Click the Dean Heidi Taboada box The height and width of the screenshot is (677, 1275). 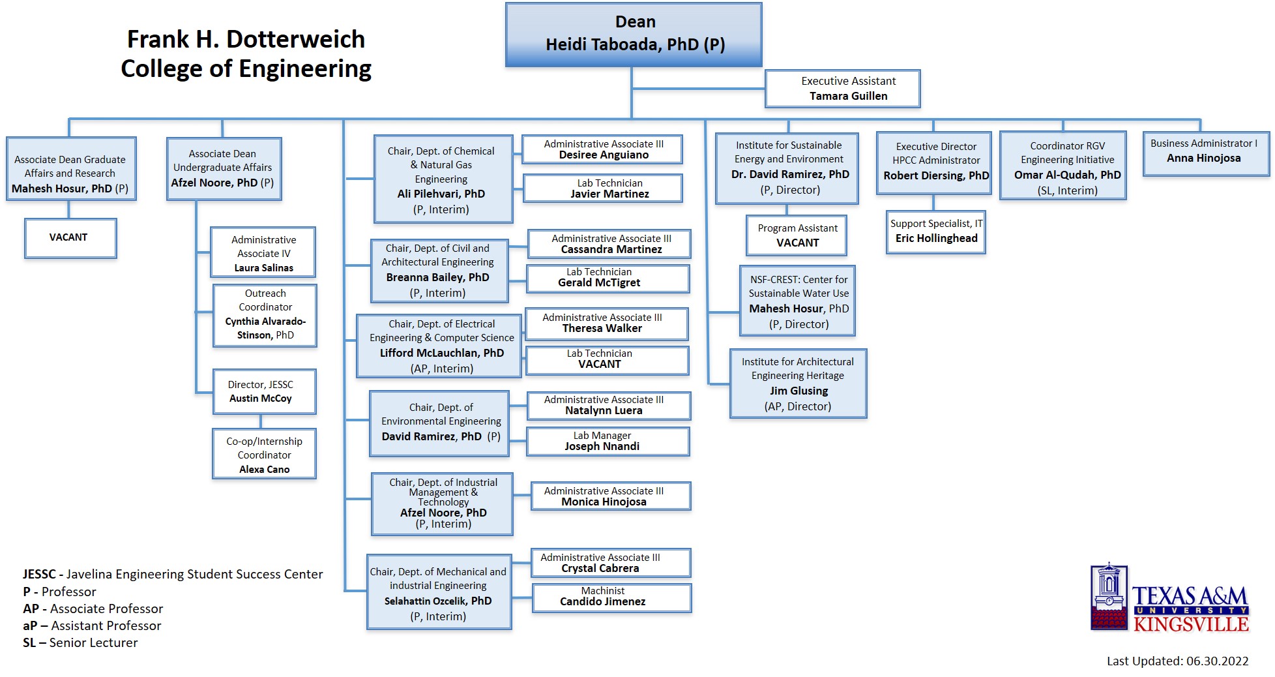click(634, 34)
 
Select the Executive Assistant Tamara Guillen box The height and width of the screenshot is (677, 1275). click(842, 89)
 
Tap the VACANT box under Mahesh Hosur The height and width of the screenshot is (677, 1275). click(70, 238)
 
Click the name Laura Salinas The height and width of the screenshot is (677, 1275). click(263, 268)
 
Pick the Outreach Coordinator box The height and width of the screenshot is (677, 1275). click(265, 315)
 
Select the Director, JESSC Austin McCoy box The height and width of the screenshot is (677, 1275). click(264, 391)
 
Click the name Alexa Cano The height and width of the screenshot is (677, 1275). click(264, 470)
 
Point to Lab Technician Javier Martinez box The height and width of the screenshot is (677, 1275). click(602, 188)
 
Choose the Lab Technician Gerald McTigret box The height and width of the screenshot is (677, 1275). click(607, 278)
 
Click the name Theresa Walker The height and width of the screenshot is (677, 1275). click(602, 329)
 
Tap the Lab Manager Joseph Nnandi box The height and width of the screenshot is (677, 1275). click(608, 442)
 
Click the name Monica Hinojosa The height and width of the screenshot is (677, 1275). click(604, 502)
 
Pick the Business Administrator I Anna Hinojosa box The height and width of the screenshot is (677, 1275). click(1205, 154)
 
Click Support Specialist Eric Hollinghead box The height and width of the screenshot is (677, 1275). click(935, 232)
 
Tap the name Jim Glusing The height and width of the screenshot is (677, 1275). click(799, 391)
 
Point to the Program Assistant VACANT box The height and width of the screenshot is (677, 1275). click(796, 235)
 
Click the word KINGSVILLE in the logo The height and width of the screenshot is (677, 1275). click(1190, 625)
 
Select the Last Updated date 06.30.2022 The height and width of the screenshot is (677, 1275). click(1217, 661)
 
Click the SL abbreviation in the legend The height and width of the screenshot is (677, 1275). click(29, 643)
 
